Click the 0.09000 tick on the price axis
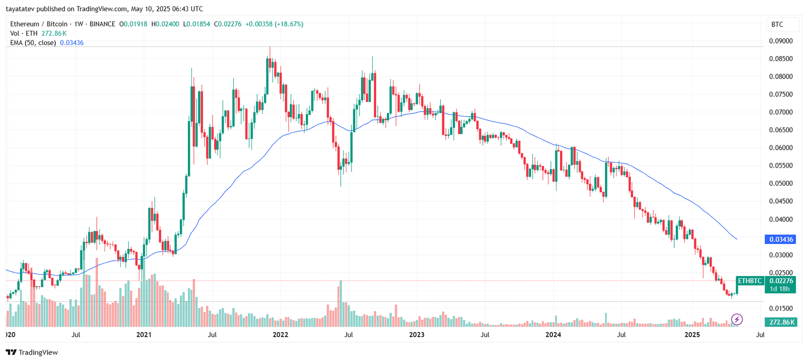click(781, 41)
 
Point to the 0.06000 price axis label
click(781, 148)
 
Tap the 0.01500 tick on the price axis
click(781, 308)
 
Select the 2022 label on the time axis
click(280, 334)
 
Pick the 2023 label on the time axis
click(417, 334)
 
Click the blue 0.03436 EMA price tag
click(781, 239)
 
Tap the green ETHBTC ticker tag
click(750, 281)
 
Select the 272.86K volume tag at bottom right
click(782, 322)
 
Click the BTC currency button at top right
click(777, 24)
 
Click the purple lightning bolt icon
click(737, 319)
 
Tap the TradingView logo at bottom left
click(32, 352)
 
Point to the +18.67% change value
click(289, 24)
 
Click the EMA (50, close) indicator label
click(33, 43)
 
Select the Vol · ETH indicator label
click(24, 33)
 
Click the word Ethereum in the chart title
click(25, 24)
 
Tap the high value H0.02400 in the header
click(165, 24)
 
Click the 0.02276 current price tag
click(781, 281)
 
